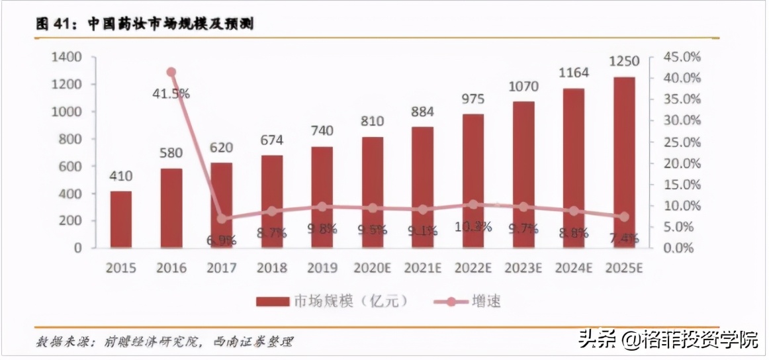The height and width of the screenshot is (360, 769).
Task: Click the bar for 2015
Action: click(x=120, y=219)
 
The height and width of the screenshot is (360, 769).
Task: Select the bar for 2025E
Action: click(x=623, y=162)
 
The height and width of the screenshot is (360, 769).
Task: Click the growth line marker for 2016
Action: click(x=171, y=72)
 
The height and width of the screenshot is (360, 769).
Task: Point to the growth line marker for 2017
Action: click(x=222, y=219)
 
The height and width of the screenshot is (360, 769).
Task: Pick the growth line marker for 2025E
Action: click(x=623, y=216)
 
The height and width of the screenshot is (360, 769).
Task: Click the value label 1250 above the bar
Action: click(x=623, y=62)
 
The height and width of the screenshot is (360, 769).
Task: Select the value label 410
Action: click(x=120, y=176)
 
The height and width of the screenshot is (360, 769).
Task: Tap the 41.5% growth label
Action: click(x=171, y=93)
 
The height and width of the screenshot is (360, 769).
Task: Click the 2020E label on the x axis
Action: click(x=372, y=268)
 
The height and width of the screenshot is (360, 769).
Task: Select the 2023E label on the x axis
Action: click(x=523, y=268)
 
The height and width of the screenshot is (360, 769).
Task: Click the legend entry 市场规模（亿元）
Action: click(x=331, y=302)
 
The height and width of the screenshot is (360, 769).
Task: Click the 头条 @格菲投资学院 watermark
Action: click(x=668, y=340)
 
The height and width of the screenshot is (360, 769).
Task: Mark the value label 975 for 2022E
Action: click(x=473, y=99)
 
